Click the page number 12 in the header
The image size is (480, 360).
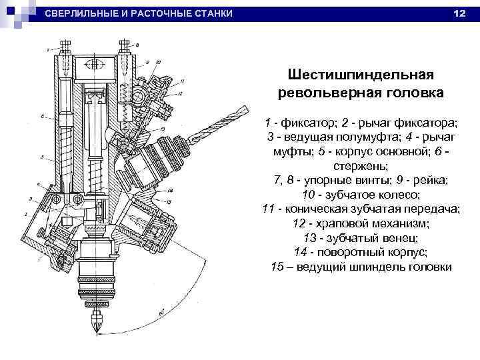459,14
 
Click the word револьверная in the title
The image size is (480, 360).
334,91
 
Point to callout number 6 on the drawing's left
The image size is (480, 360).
41,116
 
